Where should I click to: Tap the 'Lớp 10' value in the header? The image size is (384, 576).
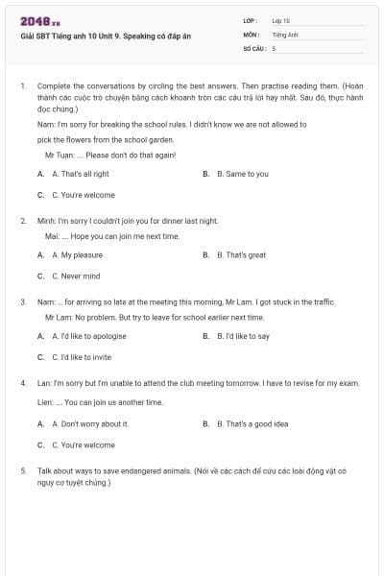point(281,20)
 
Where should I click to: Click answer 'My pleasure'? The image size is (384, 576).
point(78,255)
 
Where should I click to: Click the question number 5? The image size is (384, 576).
point(23,471)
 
